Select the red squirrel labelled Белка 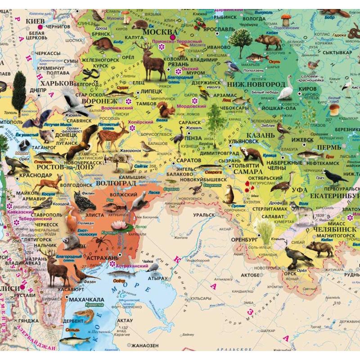click(x=166, y=109)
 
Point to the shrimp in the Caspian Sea click(x=84, y=315)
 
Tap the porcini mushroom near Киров click(x=334, y=109)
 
